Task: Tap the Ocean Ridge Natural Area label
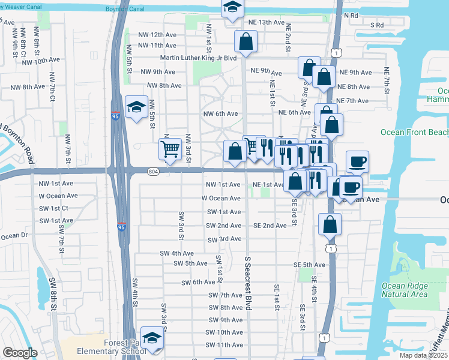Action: [x=405, y=290]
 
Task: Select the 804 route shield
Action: [x=153, y=172]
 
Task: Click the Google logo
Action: [x=20, y=352]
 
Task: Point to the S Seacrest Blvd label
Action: [x=247, y=283]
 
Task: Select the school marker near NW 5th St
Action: [x=136, y=107]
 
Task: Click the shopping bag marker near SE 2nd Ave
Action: [x=330, y=225]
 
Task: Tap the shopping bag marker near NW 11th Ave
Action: [x=246, y=42]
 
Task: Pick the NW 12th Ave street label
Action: [x=157, y=35]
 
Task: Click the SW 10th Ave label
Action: [x=225, y=332]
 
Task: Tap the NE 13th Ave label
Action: [x=265, y=22]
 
